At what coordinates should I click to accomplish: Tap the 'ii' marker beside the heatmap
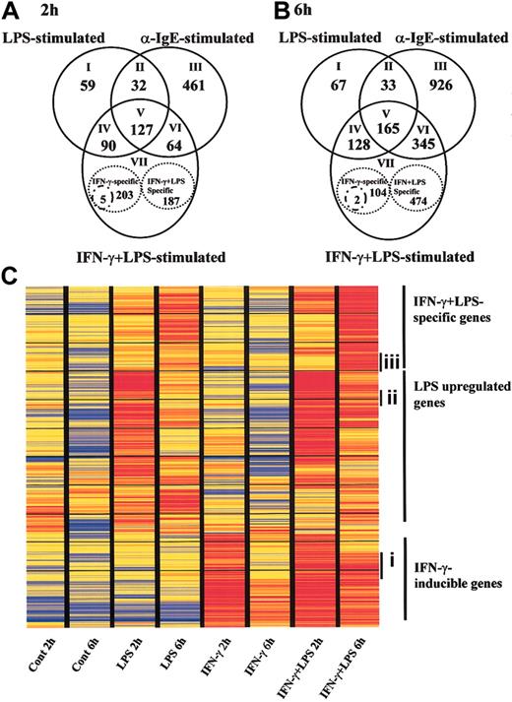tap(392, 398)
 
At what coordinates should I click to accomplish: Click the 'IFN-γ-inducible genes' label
tap(452, 574)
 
